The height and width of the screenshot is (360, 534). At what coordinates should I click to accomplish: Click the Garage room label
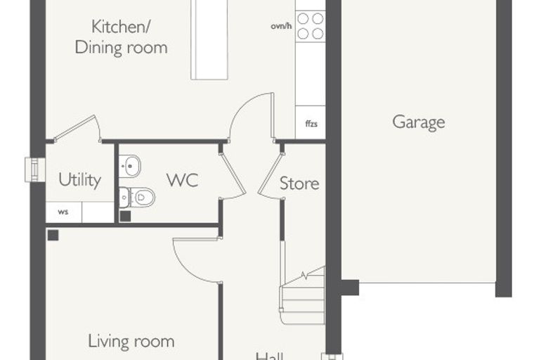[419, 122]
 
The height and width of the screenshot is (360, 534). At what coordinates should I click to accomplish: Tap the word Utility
[79, 180]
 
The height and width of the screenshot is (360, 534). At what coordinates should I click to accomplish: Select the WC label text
[183, 180]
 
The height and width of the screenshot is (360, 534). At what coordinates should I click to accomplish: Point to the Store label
[299, 184]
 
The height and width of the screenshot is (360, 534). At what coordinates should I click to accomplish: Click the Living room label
[131, 341]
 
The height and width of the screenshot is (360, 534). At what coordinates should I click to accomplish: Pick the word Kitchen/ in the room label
[121, 27]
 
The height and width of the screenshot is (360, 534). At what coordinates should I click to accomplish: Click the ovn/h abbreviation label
[281, 26]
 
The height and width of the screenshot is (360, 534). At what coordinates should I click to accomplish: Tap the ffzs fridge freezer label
[311, 124]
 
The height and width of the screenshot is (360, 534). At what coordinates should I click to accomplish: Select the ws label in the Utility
[63, 212]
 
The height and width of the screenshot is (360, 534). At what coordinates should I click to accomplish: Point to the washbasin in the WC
[129, 166]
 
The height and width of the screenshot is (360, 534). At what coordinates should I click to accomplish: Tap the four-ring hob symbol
[311, 26]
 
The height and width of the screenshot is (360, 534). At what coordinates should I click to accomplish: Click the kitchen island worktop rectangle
[209, 39]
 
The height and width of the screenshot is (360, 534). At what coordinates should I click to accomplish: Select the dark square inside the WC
[125, 217]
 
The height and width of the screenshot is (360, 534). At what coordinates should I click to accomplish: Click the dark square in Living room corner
[53, 236]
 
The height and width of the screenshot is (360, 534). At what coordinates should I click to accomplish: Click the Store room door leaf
[271, 174]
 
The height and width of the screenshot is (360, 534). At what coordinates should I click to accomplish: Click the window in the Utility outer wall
[34, 169]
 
